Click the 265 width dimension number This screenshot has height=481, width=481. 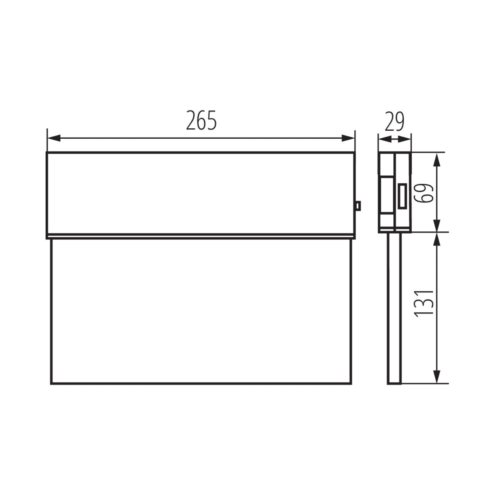click(201, 120)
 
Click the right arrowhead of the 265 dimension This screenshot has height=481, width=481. click(348, 138)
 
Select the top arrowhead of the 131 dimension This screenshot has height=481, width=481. click(438, 239)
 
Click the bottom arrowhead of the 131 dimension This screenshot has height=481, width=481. click(438, 377)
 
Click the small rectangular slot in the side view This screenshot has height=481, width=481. click(402, 196)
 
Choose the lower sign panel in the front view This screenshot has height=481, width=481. click(200, 311)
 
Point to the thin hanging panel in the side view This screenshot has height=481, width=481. click(394, 309)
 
